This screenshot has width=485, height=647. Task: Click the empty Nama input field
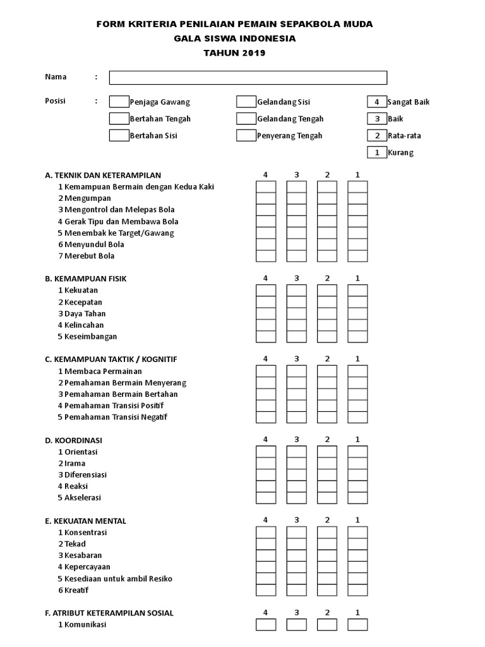coord(248,77)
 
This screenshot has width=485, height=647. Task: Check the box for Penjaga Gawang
coord(119,102)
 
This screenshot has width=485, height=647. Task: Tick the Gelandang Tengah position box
coord(246,119)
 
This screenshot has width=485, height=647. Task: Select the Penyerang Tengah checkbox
coord(246,135)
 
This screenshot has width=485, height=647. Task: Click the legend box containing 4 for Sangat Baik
coord(376,102)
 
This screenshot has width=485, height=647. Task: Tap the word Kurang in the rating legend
coord(400,152)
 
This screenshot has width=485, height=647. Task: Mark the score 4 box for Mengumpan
coord(266,198)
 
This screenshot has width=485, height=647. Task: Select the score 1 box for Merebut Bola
coord(357,256)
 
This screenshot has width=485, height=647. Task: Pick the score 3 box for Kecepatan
coord(296,302)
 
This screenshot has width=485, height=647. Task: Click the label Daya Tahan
coord(85,313)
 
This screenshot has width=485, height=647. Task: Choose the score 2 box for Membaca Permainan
coord(327,372)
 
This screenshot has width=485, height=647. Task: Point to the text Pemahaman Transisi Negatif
coord(116,417)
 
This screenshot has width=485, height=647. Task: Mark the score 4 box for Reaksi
coord(266,487)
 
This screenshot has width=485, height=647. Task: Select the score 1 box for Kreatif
coord(357,590)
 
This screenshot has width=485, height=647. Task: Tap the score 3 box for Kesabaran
coord(296,555)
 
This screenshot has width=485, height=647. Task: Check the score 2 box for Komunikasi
coord(327,625)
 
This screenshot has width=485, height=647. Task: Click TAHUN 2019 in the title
coord(234,53)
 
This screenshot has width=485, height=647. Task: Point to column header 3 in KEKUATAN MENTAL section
coord(296,520)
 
